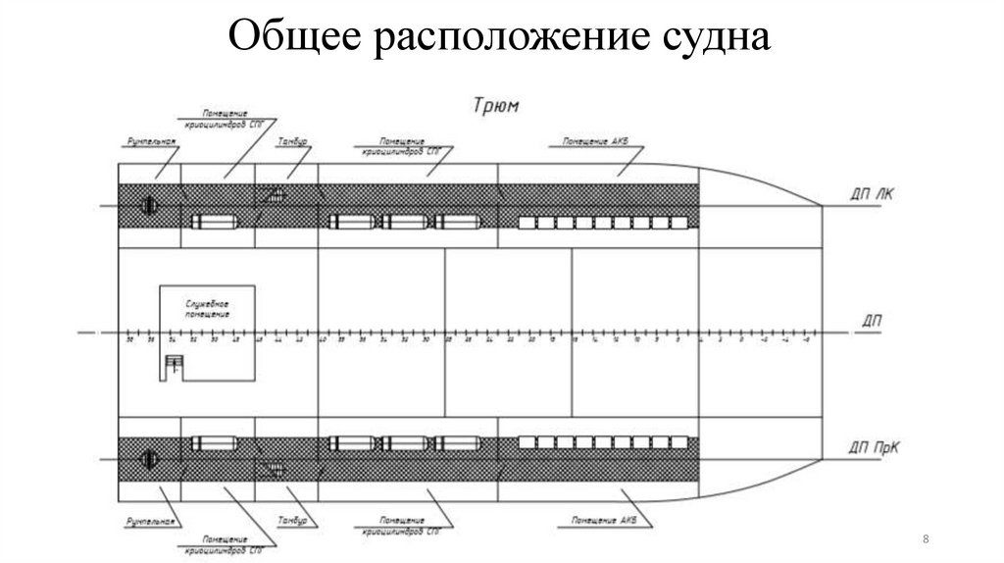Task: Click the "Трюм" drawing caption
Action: coord(496,105)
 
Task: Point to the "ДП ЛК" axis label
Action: coord(872,194)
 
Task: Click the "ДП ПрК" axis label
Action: coord(875,447)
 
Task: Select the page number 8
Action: coord(926,540)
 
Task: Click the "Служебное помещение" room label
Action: coord(208,309)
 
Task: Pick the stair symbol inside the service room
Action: coord(174,366)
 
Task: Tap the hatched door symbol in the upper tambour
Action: coord(274,195)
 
